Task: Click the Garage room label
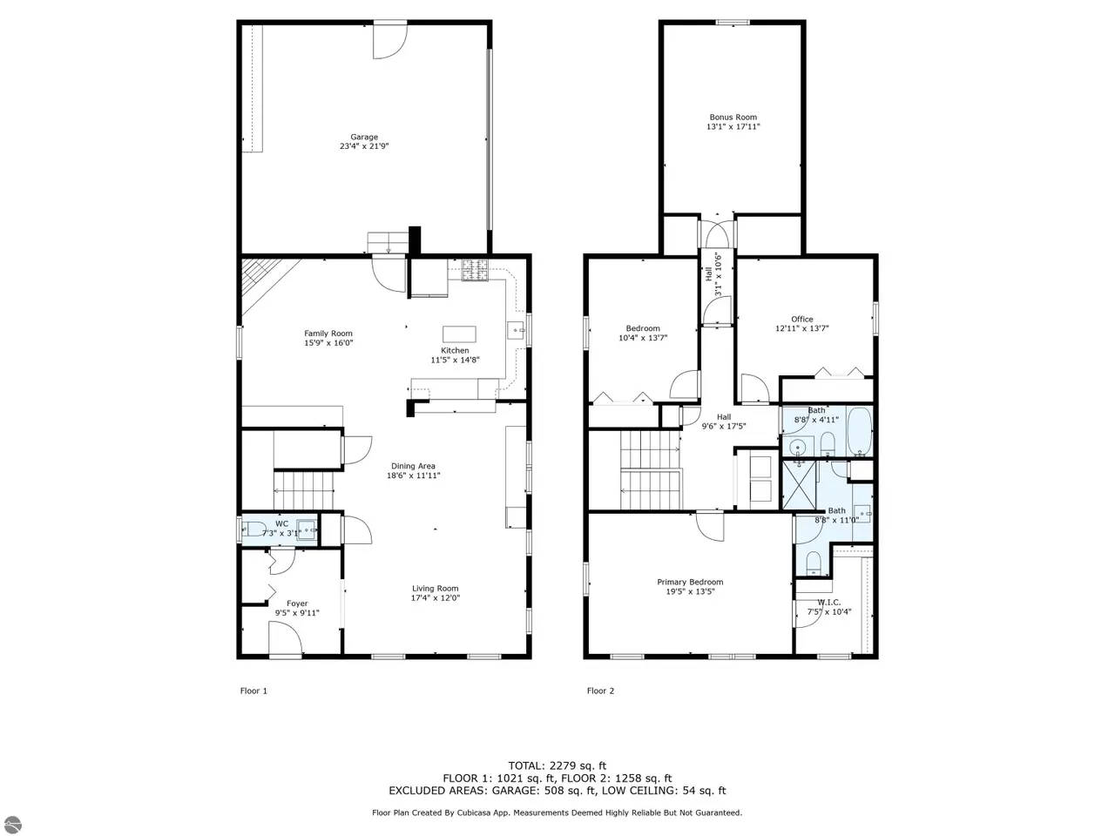364,137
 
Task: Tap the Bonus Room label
733,117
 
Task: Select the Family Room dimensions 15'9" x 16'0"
328,342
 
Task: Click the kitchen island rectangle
459,334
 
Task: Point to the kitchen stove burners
474,270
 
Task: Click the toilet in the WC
254,529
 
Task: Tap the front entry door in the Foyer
285,638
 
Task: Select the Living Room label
435,589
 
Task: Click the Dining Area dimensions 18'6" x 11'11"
413,475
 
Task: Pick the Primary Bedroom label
689,582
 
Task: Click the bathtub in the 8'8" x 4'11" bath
859,430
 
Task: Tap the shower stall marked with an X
799,485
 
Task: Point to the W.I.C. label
828,602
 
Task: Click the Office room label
801,319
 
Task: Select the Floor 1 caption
253,691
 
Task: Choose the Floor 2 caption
600,691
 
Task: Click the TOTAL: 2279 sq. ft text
557,765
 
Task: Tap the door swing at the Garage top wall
390,42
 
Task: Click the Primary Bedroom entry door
710,526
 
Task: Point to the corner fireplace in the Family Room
264,280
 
